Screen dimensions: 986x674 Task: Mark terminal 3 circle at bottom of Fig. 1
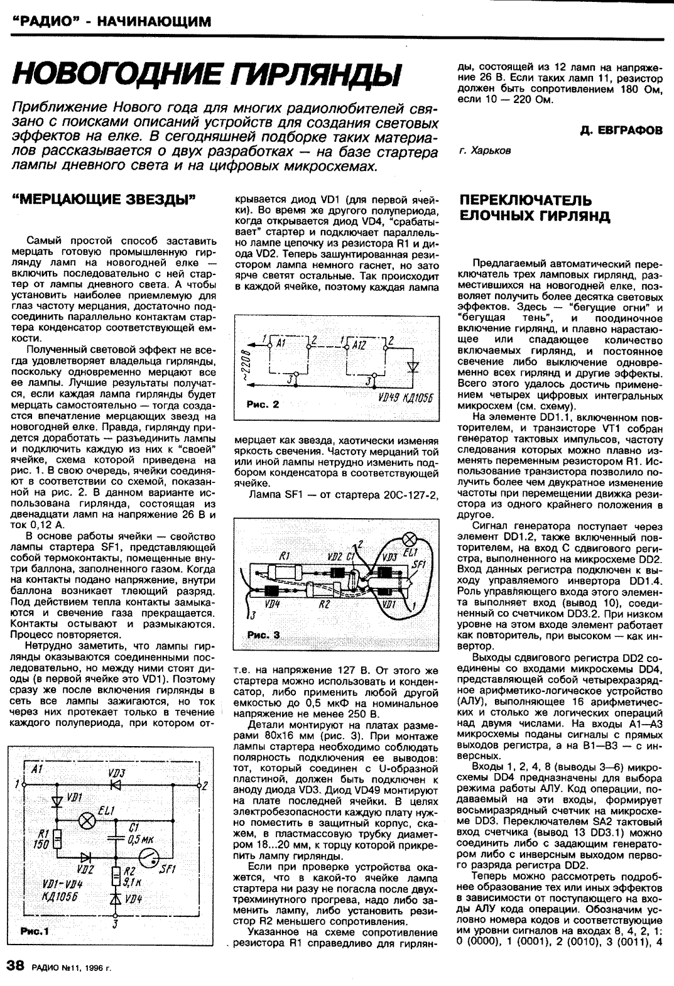coord(115,918)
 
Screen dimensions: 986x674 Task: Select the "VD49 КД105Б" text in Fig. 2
coord(407,399)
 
